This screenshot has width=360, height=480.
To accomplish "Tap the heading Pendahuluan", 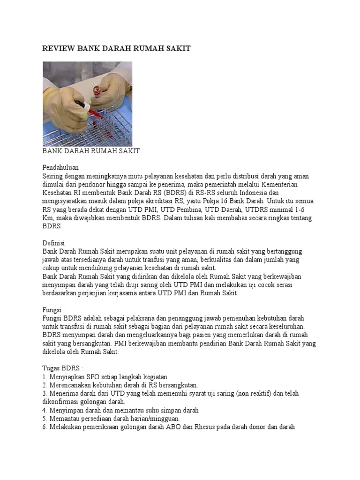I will (60, 167).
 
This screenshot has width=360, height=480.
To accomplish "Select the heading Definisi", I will (54, 243).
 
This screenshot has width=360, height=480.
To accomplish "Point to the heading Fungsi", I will (53, 310).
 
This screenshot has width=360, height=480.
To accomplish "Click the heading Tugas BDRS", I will (62, 369).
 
